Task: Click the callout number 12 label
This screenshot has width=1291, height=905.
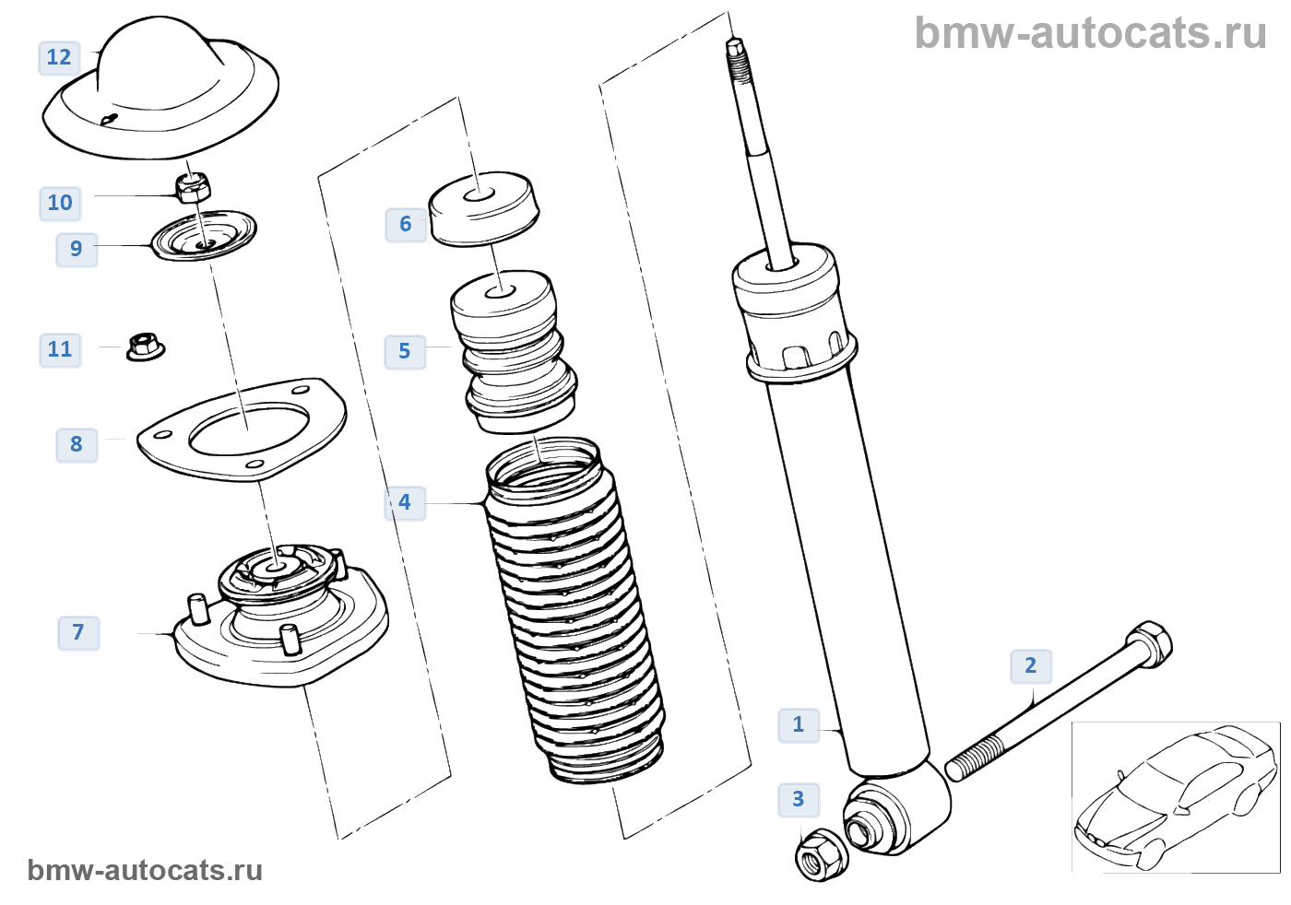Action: [59, 57]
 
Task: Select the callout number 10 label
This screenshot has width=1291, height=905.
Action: [60, 203]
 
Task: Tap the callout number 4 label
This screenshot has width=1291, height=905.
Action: [405, 503]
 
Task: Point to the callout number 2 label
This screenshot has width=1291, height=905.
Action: [1031, 665]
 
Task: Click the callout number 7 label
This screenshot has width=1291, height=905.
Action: [78, 632]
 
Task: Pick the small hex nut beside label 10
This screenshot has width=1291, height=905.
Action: [193, 187]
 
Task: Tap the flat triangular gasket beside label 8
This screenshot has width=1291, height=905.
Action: [242, 429]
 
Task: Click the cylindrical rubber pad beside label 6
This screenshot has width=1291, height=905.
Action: [483, 209]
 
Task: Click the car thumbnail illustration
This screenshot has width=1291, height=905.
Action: [1175, 797]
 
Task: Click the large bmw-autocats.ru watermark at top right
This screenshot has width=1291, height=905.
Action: [1090, 33]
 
